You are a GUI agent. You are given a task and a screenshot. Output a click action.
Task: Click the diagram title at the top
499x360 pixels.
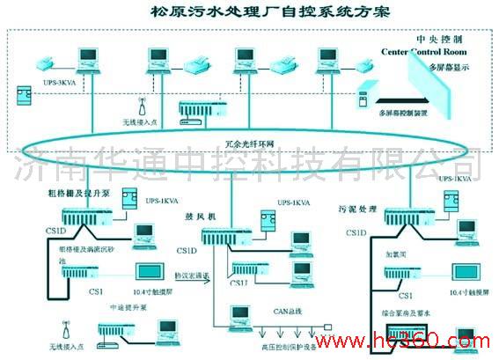250,13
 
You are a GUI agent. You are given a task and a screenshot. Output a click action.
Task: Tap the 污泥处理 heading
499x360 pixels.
356,209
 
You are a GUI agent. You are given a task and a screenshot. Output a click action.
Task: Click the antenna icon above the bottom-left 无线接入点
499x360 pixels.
63,327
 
